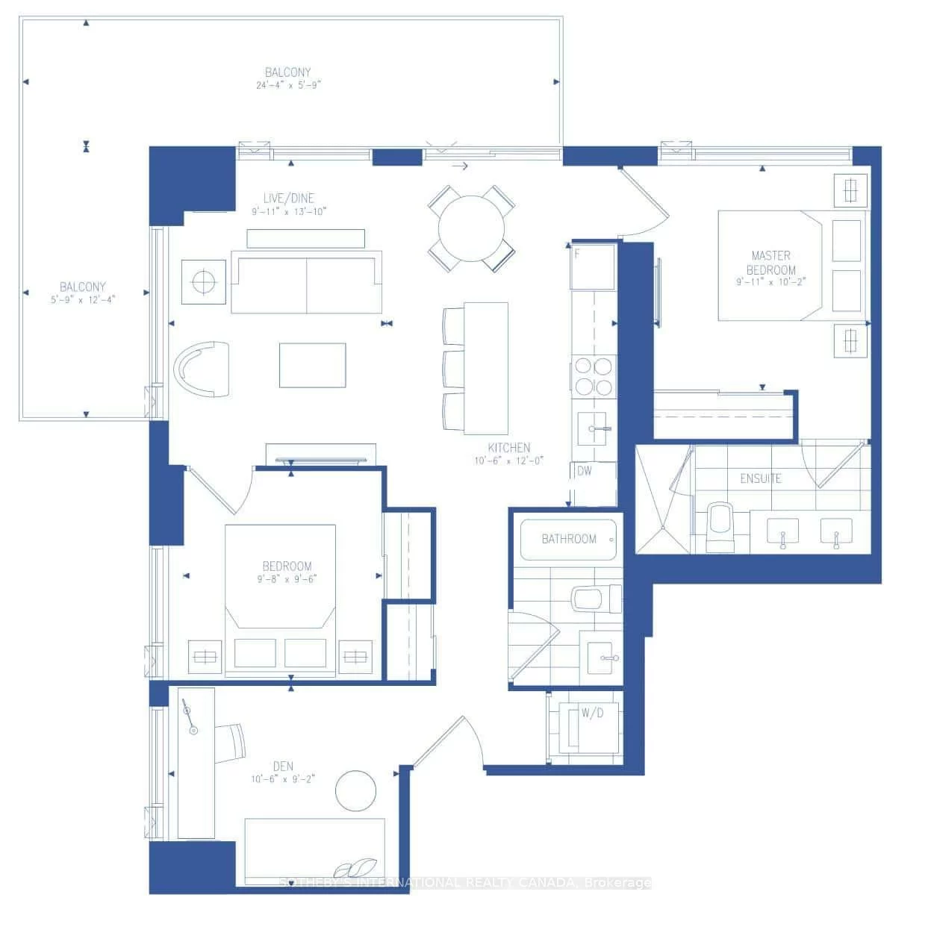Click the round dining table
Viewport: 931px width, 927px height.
(470, 228)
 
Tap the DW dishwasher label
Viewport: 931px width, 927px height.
(585, 471)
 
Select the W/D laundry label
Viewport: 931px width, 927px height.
(592, 713)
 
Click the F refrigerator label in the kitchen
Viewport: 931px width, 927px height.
(577, 254)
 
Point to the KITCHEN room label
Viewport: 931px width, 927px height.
(509, 448)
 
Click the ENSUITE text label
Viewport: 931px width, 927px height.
(761, 478)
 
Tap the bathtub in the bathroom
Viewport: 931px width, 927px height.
(569, 539)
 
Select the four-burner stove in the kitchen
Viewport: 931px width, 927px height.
(594, 376)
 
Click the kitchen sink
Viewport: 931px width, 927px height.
(595, 428)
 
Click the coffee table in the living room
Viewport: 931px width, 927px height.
(312, 365)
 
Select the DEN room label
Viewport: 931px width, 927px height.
(283, 766)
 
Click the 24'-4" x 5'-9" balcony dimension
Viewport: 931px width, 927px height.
(288, 85)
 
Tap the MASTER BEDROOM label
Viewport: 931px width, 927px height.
(771, 263)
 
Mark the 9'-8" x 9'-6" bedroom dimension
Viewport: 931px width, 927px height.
(287, 578)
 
